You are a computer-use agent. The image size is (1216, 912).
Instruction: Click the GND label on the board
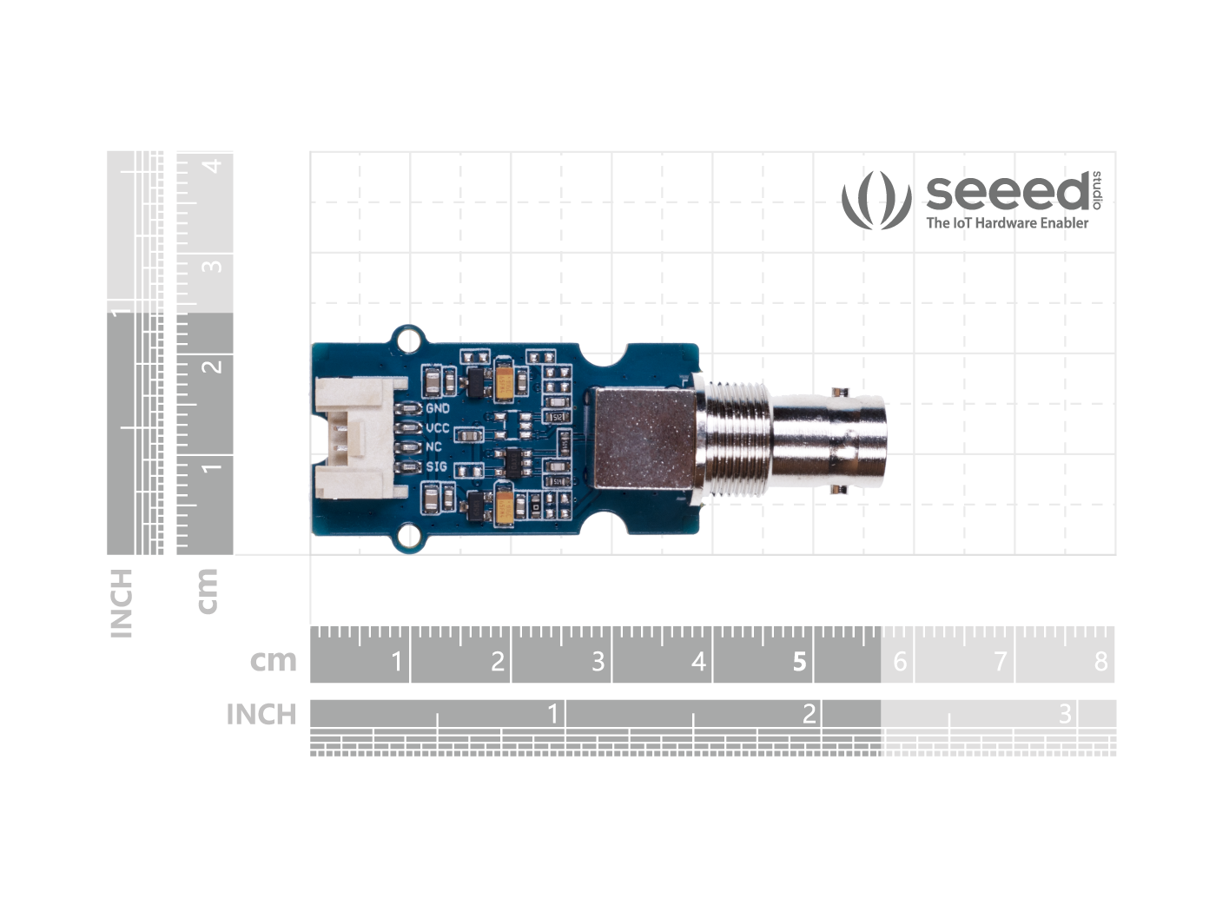[x=437, y=408]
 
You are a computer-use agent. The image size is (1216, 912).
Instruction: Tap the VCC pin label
[x=437, y=428]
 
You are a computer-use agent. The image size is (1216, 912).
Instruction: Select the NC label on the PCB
[x=433, y=447]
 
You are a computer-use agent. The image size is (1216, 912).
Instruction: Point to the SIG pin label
[x=436, y=467]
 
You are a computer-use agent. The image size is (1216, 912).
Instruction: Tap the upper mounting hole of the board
[x=406, y=340]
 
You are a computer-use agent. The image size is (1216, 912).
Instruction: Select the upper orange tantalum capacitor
[x=504, y=379]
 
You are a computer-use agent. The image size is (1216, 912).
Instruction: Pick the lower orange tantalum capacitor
[x=504, y=506]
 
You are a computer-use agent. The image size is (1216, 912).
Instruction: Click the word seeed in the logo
[x=1006, y=192]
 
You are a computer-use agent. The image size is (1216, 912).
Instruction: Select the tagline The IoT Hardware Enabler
[x=1007, y=223]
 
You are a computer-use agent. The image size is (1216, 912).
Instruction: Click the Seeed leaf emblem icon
[x=876, y=200]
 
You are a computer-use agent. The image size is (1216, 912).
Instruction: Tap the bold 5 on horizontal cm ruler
[x=799, y=662]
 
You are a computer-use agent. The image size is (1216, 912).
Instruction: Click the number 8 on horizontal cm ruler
[x=1100, y=662]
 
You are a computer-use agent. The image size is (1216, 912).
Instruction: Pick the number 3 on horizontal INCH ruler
[x=1065, y=714]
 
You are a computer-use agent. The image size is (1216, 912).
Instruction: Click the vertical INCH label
[x=122, y=603]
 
